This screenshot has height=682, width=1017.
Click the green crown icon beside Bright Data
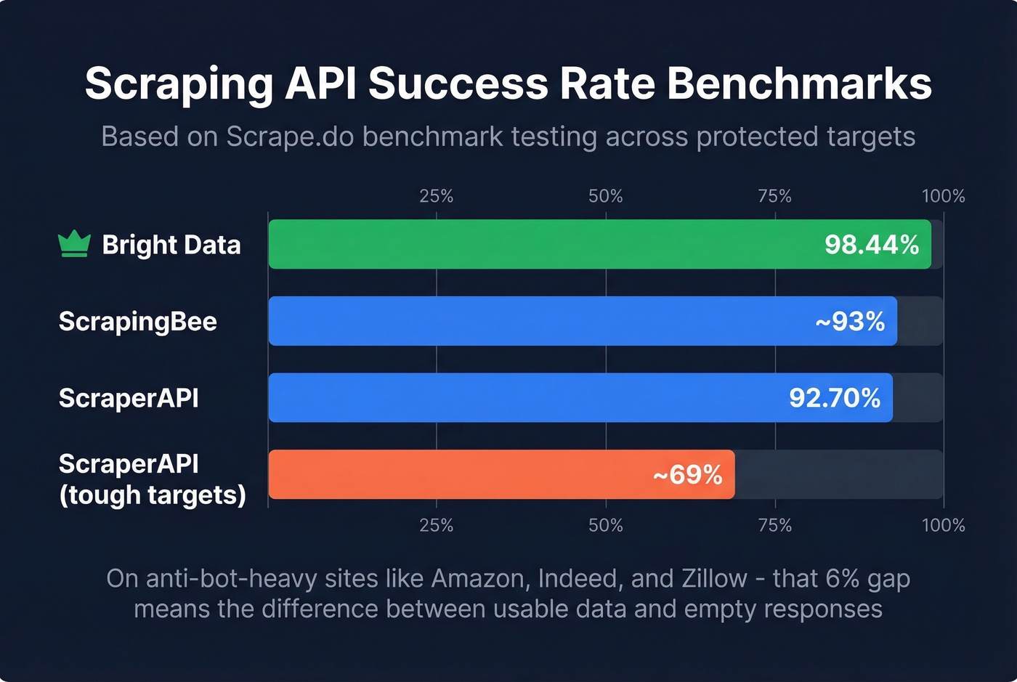click(x=74, y=244)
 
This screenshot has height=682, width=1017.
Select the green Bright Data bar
click(x=538, y=244)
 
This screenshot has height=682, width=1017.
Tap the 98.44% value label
click(x=871, y=245)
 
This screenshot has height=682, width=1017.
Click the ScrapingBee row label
click(x=137, y=321)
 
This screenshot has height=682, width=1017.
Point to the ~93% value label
click(x=849, y=321)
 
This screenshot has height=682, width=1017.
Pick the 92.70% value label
click(x=834, y=398)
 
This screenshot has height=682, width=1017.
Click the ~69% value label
click(x=686, y=474)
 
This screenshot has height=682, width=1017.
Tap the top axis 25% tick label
click(x=436, y=196)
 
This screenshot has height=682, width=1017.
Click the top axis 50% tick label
click(x=605, y=196)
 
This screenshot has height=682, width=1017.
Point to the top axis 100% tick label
click(x=943, y=196)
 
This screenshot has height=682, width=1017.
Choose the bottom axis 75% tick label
click(x=774, y=525)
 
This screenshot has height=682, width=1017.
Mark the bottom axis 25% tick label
click(x=436, y=525)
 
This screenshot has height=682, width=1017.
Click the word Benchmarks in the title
click(x=799, y=84)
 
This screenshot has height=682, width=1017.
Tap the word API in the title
click(x=320, y=84)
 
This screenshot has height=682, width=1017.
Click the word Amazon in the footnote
click(x=479, y=578)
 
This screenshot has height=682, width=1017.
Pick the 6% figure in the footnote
click(x=842, y=578)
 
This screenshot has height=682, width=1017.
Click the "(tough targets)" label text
click(x=153, y=495)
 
